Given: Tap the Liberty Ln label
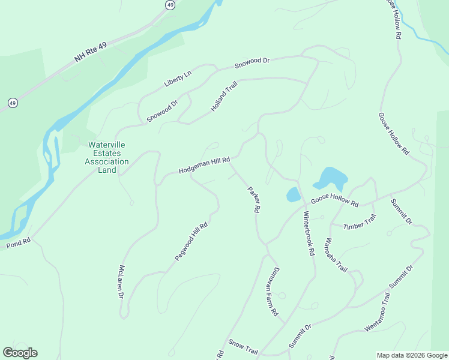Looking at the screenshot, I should (x=178, y=79).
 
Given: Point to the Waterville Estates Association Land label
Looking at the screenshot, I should (x=107, y=157).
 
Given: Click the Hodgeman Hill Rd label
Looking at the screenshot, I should (x=205, y=166).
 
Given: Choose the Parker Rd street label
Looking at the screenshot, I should (x=254, y=200).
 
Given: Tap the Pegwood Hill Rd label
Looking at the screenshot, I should (x=191, y=241).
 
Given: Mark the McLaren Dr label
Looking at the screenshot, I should (x=121, y=282).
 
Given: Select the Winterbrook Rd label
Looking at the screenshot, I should (x=309, y=234).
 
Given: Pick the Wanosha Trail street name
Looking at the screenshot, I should (x=335, y=255).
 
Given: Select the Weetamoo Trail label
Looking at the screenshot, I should (x=377, y=313).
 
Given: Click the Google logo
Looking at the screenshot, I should (x=20, y=352).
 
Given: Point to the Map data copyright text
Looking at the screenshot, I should (x=412, y=355).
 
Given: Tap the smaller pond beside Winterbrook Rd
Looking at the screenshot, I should (x=293, y=194).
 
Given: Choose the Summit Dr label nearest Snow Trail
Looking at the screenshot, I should (x=300, y=336).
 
